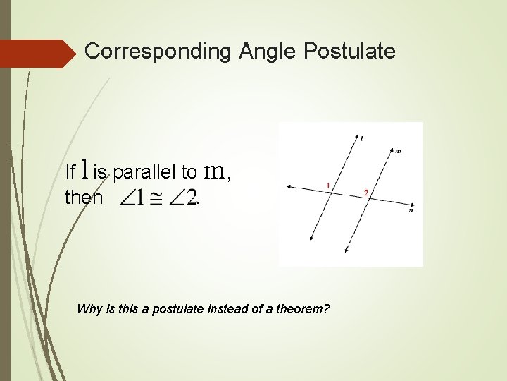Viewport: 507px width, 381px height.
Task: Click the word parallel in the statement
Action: [x=144, y=172]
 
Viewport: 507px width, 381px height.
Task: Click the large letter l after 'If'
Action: [x=84, y=169]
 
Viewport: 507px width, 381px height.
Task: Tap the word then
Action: [x=83, y=198]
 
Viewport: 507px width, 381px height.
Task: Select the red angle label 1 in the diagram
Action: [x=328, y=185]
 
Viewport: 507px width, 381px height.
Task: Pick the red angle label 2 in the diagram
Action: [x=365, y=192]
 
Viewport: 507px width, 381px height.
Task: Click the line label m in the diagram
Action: [x=399, y=150]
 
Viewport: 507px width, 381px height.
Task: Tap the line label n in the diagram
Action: [x=411, y=210]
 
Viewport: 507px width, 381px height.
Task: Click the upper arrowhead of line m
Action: [x=392, y=150]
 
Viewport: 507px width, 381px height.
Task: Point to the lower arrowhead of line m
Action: [x=346, y=250]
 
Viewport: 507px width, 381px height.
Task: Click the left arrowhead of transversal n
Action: [x=288, y=187]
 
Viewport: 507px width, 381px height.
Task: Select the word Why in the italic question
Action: [x=88, y=308]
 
